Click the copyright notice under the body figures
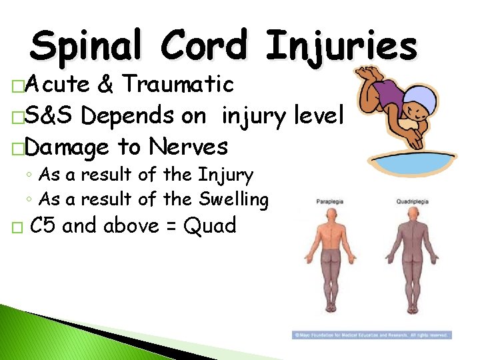[371, 335]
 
